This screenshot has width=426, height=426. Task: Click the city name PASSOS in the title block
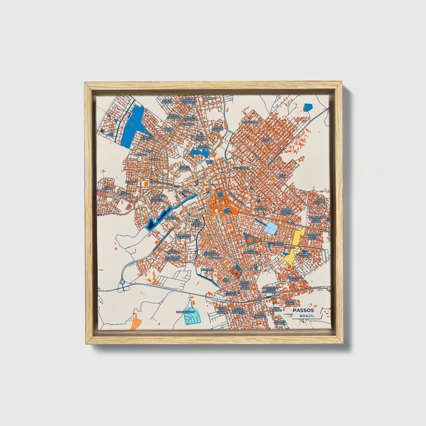click(303, 310)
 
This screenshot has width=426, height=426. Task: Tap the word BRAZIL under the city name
click(307, 316)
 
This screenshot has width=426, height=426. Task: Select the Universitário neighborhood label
click(185, 312)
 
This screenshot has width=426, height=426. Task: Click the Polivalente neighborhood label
click(250, 122)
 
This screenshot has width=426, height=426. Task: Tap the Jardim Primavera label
click(147, 138)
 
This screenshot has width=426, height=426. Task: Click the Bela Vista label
click(282, 176)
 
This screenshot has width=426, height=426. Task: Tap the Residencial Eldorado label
click(173, 259)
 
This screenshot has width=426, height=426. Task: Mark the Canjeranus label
click(241, 168)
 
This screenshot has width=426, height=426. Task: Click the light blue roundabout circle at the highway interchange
click(122, 282)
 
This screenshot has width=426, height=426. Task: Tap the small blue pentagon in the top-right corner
click(308, 107)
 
